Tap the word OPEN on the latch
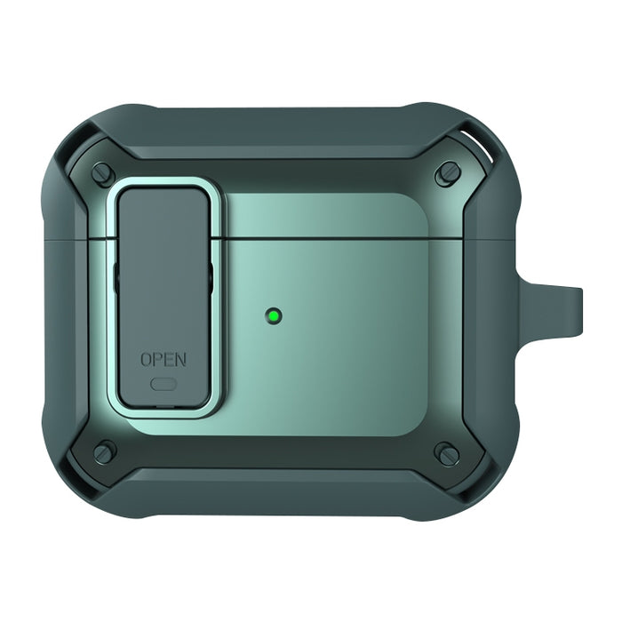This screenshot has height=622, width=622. [163, 360]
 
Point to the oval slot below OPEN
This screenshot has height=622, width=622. [163, 384]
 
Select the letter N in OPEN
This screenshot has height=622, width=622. [180, 360]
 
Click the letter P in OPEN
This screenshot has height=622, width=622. [158, 360]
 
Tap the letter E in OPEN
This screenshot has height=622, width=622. [169, 360]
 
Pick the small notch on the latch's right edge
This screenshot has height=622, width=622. [211, 276]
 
